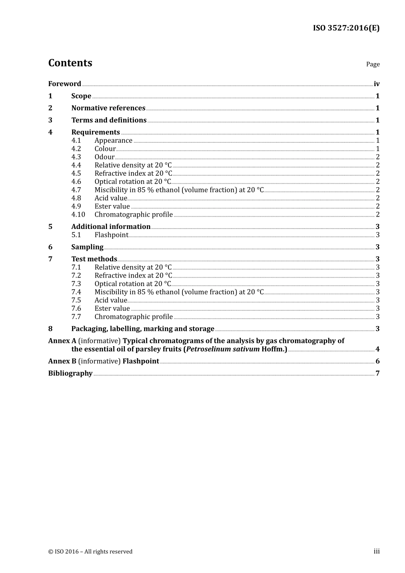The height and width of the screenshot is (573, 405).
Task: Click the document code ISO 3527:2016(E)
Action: point(346,28)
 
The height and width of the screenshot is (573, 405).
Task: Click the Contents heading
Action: point(70,63)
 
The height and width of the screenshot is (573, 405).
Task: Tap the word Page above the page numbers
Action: point(373,64)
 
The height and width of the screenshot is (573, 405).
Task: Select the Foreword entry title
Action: point(64,84)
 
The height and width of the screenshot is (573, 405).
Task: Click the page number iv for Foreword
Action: point(376,84)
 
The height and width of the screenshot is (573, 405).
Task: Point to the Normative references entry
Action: point(108,108)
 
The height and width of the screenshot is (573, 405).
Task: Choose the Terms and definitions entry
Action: point(109,120)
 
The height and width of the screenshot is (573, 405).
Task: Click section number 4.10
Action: point(78,215)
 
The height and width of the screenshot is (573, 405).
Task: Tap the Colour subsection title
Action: point(105,149)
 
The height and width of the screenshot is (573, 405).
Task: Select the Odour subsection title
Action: point(104,157)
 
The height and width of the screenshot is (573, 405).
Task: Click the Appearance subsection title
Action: point(113,141)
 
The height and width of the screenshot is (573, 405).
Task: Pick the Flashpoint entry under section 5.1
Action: point(111,235)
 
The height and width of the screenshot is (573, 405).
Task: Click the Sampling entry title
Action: point(87,247)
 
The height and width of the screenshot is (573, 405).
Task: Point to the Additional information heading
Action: point(111,227)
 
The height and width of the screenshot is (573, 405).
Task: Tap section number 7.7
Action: point(76,317)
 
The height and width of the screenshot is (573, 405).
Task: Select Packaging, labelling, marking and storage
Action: point(142,329)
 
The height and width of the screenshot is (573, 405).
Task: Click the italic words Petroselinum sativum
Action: point(223,349)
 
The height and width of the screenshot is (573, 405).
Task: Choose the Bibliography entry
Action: point(70,373)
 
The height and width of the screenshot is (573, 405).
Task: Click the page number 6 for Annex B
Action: point(377,362)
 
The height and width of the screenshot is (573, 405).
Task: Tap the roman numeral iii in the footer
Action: point(376,551)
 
